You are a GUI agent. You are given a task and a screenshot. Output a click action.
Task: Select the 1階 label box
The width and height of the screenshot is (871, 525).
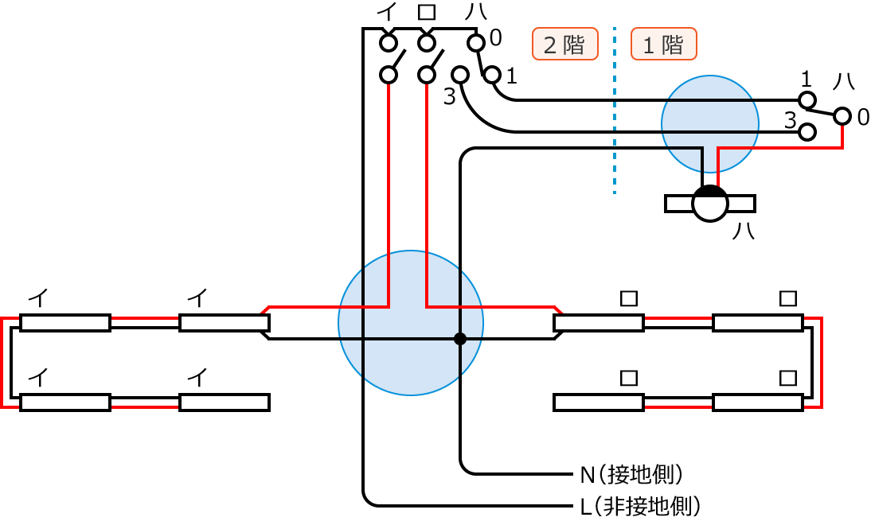tap(663, 45)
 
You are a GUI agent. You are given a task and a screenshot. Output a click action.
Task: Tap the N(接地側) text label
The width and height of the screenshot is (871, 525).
tap(631, 474)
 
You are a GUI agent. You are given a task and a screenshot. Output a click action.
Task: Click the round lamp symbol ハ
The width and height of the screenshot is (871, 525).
tap(709, 204)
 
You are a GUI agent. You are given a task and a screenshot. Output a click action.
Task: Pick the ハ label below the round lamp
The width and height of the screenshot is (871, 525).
tap(743, 231)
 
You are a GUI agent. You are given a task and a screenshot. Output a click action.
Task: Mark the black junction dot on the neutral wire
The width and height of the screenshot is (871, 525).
tap(459, 339)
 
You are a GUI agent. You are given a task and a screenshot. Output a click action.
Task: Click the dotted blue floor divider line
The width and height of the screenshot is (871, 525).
tap(615, 111)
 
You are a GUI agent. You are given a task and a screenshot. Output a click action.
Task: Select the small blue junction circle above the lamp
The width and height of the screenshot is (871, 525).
tap(709, 123)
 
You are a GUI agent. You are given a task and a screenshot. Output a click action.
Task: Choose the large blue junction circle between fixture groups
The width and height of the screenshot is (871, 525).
tap(410, 323)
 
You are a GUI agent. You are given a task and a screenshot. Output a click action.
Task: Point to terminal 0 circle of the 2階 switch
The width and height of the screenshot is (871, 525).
tap(475, 42)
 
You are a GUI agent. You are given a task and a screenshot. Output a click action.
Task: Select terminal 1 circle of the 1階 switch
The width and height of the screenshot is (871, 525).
tap(807, 99)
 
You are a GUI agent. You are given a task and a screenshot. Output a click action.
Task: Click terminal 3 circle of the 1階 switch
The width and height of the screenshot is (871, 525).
tap(807, 131)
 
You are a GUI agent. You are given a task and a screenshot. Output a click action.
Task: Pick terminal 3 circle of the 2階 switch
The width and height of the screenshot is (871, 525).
tap(459, 75)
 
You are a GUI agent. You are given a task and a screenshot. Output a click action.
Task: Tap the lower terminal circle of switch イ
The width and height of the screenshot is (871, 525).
tap(388, 75)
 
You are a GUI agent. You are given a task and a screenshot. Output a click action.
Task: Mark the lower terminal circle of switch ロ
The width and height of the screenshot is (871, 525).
tap(427, 75)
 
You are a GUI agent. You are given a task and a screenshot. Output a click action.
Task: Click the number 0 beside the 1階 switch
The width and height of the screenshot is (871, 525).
tap(863, 118)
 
